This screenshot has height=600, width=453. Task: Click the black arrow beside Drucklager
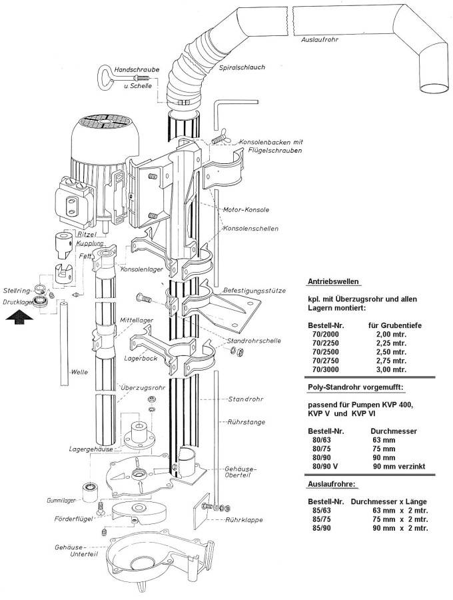[18, 317]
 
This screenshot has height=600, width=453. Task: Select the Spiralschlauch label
[242, 67]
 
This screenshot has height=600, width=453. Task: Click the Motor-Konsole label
[246, 210]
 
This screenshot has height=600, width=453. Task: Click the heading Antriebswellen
[333, 281]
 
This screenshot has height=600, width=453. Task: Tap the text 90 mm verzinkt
[399, 467]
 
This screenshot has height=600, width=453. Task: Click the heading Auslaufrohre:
[332, 485]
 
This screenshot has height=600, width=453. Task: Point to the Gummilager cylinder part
[91, 492]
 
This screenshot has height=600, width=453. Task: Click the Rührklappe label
[244, 521]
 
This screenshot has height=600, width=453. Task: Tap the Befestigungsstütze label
[254, 291]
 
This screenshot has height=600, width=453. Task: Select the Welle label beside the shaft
[79, 372]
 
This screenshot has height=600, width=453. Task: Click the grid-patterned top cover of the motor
[105, 123]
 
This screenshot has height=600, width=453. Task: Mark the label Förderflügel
[73, 519]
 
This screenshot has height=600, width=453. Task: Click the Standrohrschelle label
[254, 341]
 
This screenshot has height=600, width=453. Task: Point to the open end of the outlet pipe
[434, 89]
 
